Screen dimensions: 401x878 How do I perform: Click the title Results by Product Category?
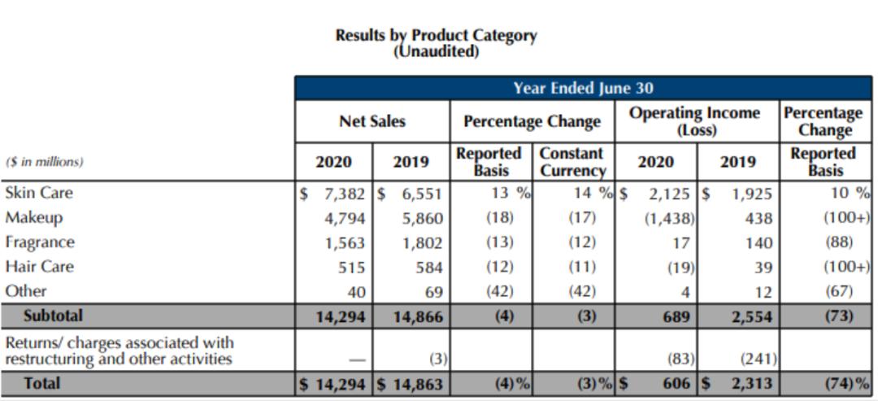coord(436,36)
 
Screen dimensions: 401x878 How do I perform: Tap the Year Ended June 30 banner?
coord(582,88)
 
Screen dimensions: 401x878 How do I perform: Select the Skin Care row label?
coord(38,193)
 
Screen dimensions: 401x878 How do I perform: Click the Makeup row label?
coord(33,217)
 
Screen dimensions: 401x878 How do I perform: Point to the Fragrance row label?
coord(40,242)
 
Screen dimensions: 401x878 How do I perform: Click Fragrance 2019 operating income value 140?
coord(762,243)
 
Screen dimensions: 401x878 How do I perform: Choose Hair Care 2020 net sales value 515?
coord(351,268)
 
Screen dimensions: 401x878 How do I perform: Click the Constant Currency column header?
coord(572,162)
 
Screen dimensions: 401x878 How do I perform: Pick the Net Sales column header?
coord(372,121)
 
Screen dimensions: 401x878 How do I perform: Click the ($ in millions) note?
coord(44,162)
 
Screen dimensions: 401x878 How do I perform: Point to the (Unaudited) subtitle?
coord(436,51)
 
